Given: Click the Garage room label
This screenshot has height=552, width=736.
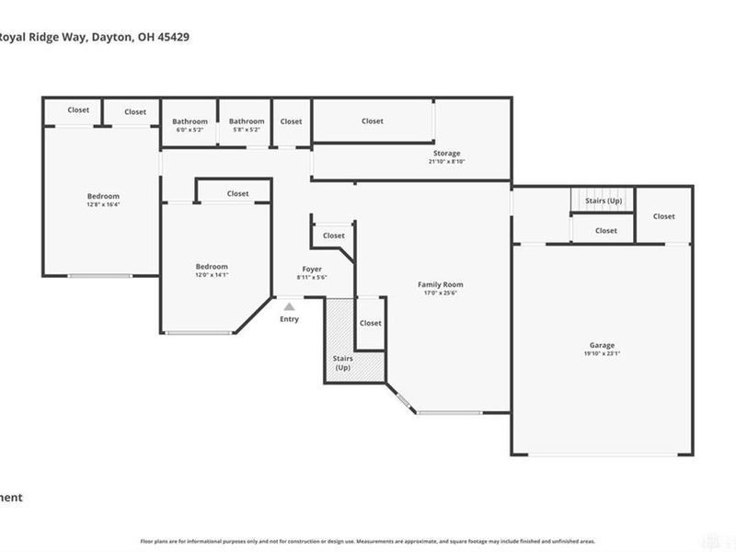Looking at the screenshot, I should point(603,345).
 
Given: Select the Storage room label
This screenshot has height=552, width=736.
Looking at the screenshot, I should point(447,153).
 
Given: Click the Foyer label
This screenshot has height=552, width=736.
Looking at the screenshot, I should point(313,270).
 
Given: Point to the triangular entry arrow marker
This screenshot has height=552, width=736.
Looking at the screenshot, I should point(289,307).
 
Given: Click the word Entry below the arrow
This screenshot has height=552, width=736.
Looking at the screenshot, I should point(289,319).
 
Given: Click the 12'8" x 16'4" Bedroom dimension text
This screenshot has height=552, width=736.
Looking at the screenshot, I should point(103,205).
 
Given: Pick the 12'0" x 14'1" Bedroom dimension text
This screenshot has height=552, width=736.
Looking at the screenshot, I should point(211,275).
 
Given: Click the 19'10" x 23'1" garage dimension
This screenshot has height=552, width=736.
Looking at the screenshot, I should point(603,353).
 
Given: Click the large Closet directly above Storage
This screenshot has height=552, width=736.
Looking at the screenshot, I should point(373,121).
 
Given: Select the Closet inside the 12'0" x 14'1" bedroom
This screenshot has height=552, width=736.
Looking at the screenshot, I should point(237,193).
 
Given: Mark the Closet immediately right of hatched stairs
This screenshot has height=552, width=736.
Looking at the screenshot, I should point(370,323).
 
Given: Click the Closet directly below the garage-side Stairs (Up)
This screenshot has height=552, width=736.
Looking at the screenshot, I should point(605,231).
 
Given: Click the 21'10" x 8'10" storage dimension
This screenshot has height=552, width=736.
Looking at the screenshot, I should point(447,162).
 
